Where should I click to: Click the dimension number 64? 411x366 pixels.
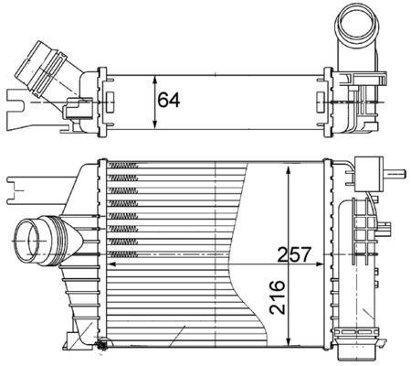[167, 99]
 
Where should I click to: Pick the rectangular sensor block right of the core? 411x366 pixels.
[368, 172]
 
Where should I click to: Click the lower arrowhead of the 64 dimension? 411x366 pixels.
[151, 128]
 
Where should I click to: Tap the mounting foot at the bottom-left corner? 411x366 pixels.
[102, 346]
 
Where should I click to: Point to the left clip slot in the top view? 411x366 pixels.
[111, 98]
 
